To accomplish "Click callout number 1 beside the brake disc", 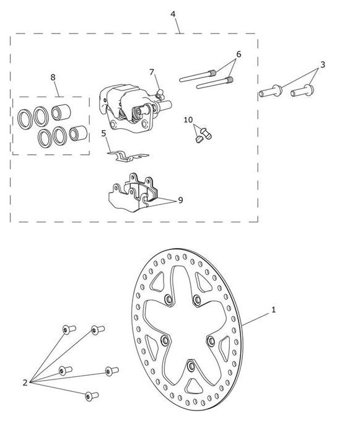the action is pyautogui.click(x=273, y=309).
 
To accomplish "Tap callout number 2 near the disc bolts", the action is pyautogui.click(x=25, y=382).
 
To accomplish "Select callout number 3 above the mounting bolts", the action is pyautogui.click(x=322, y=64).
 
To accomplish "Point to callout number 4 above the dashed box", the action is pyautogui.click(x=173, y=14).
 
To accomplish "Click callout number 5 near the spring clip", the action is pyautogui.click(x=103, y=133).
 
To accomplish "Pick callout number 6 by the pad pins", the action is pyautogui.click(x=239, y=55).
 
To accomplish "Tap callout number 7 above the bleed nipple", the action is pyautogui.click(x=152, y=72).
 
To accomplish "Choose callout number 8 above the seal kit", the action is pyautogui.click(x=53, y=77).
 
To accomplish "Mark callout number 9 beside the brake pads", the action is pyautogui.click(x=180, y=200).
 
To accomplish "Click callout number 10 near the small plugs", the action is pyautogui.click(x=188, y=120).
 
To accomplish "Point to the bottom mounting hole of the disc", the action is pyautogui.click(x=191, y=366).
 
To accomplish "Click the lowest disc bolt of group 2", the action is pyautogui.click(x=92, y=396).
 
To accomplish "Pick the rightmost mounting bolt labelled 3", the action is pyautogui.click(x=302, y=91).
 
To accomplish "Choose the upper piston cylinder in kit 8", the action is pyautogui.click(x=61, y=112).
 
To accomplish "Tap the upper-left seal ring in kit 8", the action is pyautogui.click(x=25, y=119).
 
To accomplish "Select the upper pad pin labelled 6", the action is pyautogui.click(x=198, y=76).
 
